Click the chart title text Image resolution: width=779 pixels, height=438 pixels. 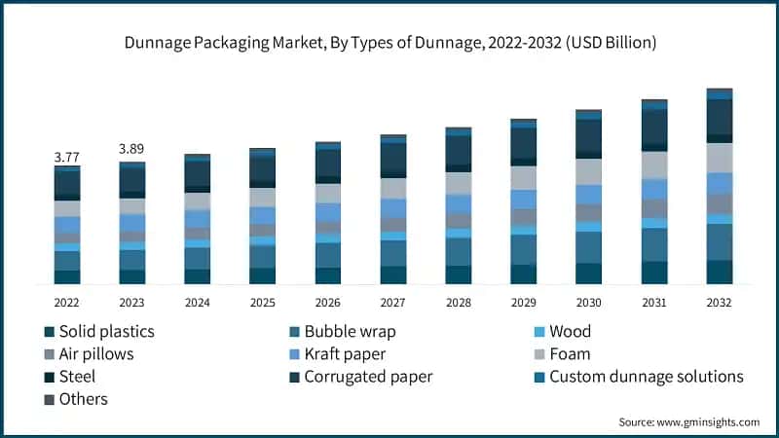[x=389, y=43]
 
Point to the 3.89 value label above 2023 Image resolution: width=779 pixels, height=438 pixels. [x=131, y=149]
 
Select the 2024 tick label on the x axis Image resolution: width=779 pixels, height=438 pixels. [x=197, y=303]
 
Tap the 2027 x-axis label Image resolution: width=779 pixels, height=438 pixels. [x=392, y=303]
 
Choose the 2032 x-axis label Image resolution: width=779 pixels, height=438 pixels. [x=719, y=303]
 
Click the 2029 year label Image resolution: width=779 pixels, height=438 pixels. [x=523, y=303]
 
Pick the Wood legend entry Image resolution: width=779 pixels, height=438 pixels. [x=570, y=331]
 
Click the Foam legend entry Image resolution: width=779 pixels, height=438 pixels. [x=570, y=353]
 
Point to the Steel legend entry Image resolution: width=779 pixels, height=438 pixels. [x=77, y=376]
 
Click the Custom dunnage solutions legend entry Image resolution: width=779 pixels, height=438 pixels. [x=646, y=376]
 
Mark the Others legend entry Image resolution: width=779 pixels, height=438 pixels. [x=83, y=399]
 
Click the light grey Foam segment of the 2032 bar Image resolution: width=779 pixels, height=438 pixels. [x=719, y=158]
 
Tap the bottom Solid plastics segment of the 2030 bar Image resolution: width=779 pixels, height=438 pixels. [x=588, y=274]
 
